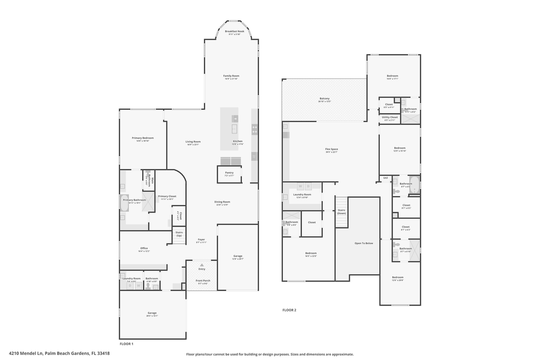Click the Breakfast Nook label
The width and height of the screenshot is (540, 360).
[234, 31]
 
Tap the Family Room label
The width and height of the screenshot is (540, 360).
[231, 76]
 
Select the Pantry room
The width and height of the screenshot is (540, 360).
[229, 173]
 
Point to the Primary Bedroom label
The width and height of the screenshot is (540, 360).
[142, 138]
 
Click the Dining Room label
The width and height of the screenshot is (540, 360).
[222, 202]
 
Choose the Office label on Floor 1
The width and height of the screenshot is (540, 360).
[144, 248]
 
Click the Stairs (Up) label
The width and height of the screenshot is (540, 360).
[178, 233]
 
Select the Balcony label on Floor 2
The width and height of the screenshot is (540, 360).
[324, 99]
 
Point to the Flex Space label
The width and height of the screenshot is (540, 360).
[331, 149]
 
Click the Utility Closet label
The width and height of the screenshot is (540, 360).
[390, 117]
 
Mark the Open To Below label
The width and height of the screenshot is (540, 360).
[363, 243]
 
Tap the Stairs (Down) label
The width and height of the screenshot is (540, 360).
[341, 211]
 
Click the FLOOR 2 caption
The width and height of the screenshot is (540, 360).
[289, 310]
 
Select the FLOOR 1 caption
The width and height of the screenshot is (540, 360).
[126, 344]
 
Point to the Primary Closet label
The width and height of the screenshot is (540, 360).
[167, 196]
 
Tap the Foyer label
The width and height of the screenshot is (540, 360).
[201, 239]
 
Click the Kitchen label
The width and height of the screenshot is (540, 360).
[237, 141]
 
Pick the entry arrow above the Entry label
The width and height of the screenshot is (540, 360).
[201, 264]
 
